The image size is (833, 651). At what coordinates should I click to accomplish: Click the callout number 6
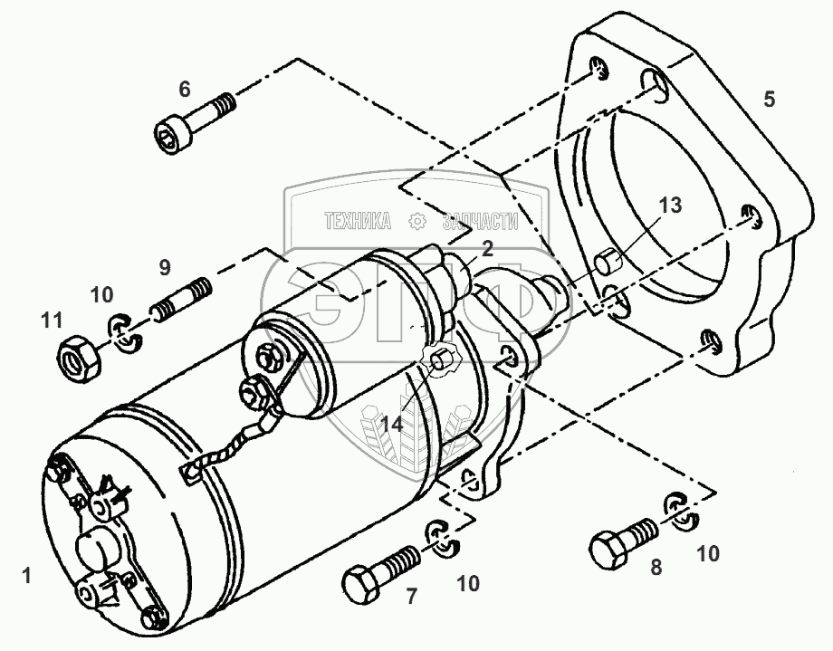click(x=185, y=89)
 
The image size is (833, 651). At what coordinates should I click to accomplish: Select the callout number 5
click(x=769, y=99)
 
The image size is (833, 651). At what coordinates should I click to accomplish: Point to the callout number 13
click(x=669, y=206)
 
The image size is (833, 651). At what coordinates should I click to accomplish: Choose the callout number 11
click(x=53, y=320)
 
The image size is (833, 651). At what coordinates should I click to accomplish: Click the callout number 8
click(x=656, y=568)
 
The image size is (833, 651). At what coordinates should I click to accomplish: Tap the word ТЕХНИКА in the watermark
click(x=356, y=221)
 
